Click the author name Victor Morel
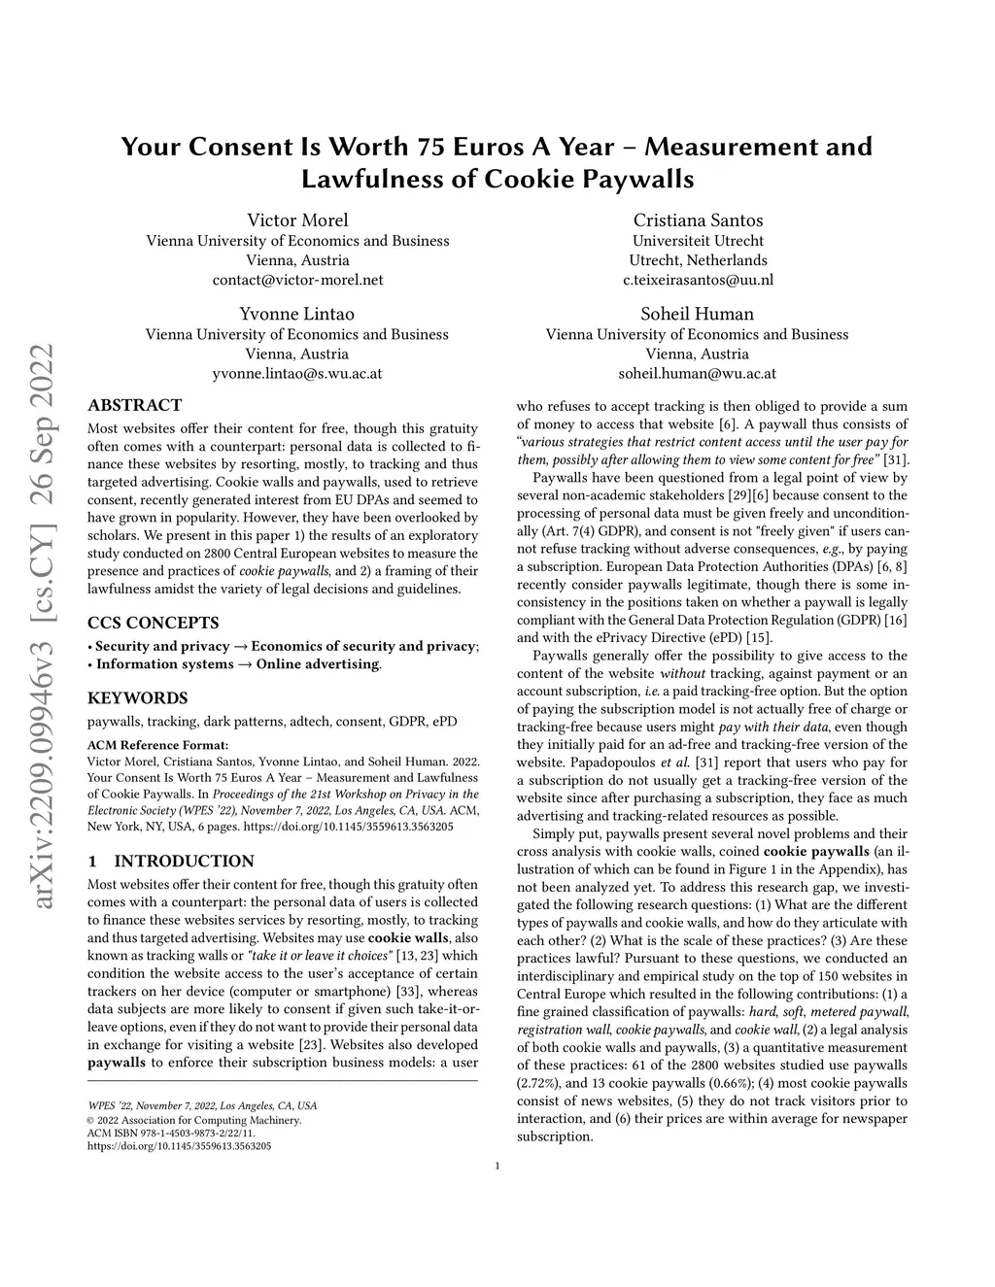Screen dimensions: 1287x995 click(x=297, y=220)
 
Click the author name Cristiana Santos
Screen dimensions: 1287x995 click(x=698, y=220)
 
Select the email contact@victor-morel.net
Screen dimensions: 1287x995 click(x=297, y=280)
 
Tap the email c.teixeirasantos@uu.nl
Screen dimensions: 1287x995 click(x=698, y=280)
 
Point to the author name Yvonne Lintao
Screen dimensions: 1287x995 click(x=297, y=314)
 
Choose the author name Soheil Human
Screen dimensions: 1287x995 click(x=698, y=314)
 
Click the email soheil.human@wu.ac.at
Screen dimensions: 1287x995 click(x=698, y=373)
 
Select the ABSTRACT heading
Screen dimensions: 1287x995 click(x=134, y=405)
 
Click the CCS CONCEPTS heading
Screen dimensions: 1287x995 click(x=154, y=623)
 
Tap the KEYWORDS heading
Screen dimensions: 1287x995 click(x=138, y=697)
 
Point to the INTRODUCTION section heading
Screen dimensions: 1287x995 click(x=184, y=861)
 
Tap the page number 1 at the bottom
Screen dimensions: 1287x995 click(x=497, y=1167)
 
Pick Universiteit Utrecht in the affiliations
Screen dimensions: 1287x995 click(x=698, y=241)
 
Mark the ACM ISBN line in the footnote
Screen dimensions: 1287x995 click(x=171, y=1133)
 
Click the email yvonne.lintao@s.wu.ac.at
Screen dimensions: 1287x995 click(x=297, y=373)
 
